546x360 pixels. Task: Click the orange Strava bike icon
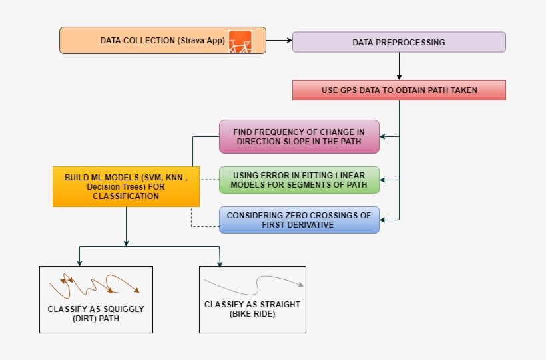coord(240,41)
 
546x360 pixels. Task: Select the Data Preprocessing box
coord(399,42)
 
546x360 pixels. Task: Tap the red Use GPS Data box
coord(399,90)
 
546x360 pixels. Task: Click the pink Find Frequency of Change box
coord(299,136)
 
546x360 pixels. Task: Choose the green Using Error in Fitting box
coord(299,180)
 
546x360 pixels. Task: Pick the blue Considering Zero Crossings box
coord(299,220)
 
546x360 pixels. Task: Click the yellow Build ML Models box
coord(126,186)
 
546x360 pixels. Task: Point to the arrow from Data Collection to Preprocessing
coord(279,41)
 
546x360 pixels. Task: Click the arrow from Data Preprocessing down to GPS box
coord(399,66)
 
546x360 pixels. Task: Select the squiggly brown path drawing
coord(94,285)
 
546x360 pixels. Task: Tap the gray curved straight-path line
coord(252,286)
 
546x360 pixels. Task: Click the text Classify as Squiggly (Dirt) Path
coord(96,314)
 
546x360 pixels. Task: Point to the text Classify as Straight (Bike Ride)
coord(252,309)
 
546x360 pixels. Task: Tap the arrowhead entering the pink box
coord(384,137)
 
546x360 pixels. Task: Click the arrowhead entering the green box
coord(384,180)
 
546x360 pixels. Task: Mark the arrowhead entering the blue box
coord(384,220)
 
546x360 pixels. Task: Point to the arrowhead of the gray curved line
coord(301,285)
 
